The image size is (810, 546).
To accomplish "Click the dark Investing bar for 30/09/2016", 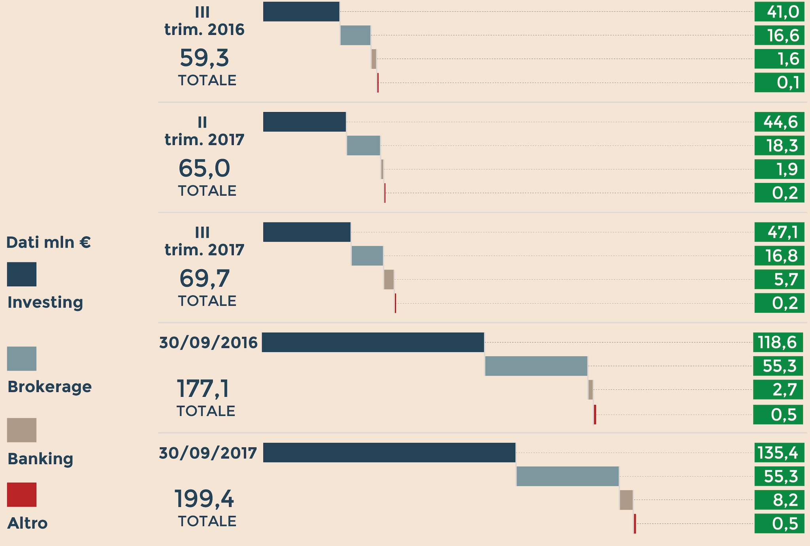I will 373,342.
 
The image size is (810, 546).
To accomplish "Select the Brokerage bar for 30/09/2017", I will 568,476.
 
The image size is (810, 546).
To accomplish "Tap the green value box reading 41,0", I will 779,12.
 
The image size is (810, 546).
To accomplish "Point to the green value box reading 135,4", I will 779,453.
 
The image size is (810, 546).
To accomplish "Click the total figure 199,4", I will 204,499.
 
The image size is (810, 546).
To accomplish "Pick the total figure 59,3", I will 204,58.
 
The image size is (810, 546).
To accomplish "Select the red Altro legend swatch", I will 22,495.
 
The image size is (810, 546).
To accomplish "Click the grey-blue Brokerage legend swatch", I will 22,359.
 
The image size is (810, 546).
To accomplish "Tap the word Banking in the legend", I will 40,459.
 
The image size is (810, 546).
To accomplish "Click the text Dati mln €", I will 48,242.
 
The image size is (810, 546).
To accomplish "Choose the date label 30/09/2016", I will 208,342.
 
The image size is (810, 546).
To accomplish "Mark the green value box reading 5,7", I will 779,280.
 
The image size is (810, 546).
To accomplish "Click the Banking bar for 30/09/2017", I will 626,500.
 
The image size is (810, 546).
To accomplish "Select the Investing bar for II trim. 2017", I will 305,122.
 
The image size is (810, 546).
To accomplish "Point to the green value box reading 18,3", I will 779,146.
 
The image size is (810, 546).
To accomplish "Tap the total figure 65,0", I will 204,168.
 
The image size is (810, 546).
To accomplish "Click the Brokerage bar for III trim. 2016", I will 355,36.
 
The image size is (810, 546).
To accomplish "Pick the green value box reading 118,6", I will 778,342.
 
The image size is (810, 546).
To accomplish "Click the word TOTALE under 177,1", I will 206,411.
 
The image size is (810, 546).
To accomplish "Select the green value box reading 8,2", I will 779,500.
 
